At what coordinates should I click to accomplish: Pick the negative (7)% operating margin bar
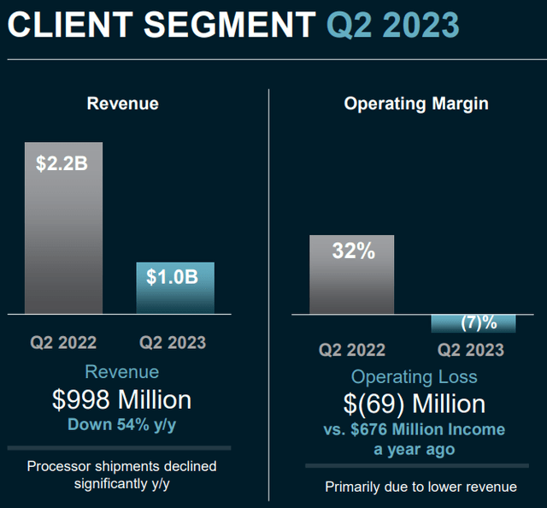473,323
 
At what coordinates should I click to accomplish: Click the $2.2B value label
62,162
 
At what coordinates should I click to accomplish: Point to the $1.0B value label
174,277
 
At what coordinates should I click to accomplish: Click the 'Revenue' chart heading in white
122,103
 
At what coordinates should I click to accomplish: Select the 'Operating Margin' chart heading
416,103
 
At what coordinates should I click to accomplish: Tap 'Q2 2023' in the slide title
393,26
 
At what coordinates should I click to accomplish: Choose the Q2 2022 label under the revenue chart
64,343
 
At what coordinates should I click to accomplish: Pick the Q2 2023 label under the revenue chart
173,343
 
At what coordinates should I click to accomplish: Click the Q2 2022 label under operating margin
352,350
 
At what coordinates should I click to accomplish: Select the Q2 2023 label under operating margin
470,350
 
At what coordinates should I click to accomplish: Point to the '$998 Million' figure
121,399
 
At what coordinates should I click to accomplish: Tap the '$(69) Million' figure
415,404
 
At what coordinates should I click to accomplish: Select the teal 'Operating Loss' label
415,376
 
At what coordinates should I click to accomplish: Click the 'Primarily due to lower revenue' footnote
421,487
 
